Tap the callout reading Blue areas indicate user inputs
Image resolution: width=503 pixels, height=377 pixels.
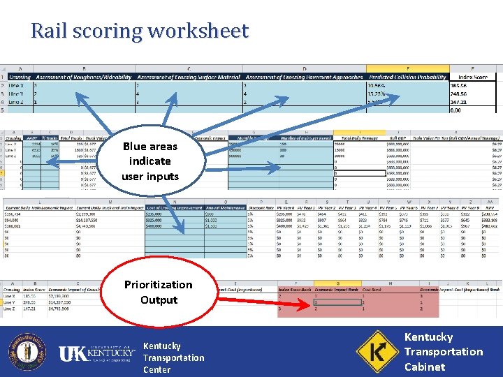tap(150, 161)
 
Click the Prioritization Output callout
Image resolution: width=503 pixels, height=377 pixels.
tap(158, 292)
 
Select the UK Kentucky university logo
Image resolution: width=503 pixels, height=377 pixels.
tap(96, 354)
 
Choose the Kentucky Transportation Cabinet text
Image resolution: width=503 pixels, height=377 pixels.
tap(443, 351)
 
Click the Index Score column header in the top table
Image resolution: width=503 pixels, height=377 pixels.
tap(473, 77)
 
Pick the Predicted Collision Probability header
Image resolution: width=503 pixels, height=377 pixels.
tap(407, 77)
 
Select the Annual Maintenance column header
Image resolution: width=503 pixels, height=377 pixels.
tap(224, 208)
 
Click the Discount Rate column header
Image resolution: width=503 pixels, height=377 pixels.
tap(261, 208)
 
